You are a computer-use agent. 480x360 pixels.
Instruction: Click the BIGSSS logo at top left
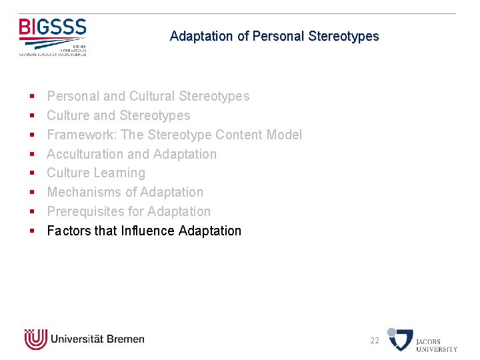coord(53,35)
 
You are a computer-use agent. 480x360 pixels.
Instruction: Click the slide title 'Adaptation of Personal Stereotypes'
coord(274,36)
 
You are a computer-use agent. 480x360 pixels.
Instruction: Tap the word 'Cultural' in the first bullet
coord(157,96)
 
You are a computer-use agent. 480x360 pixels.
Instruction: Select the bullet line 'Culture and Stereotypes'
coord(118,115)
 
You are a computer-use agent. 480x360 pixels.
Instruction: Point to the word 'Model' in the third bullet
coord(284,135)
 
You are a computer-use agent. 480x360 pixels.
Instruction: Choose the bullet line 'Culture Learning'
coord(95,173)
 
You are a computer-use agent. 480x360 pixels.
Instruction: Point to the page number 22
coord(375,341)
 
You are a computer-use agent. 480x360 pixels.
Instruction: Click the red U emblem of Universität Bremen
coord(35,339)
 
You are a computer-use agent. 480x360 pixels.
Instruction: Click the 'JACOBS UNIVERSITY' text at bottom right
coord(437,345)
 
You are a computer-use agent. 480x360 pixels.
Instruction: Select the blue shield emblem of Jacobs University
coord(401,339)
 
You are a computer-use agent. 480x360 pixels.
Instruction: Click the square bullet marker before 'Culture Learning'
coord(31,173)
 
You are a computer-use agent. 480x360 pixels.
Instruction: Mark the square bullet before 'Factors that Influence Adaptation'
coord(31,231)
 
